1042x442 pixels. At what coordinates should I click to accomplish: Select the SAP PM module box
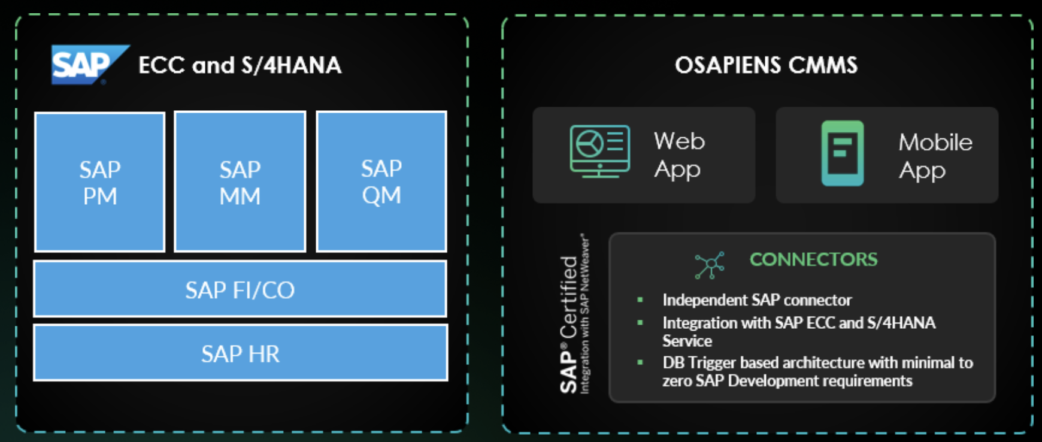[100, 182]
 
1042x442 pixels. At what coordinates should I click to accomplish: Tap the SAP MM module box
[240, 182]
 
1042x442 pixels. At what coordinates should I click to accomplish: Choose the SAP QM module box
[381, 181]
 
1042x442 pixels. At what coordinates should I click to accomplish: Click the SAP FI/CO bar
[240, 290]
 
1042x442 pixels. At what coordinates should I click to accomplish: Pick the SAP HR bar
[240, 353]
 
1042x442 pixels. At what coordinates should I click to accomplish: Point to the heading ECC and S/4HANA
[240, 65]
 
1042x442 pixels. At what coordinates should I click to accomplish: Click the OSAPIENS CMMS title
[766, 65]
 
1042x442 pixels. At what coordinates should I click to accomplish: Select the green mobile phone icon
[843, 153]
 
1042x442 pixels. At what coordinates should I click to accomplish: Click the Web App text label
[679, 155]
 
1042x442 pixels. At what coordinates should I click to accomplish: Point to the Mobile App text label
[935, 156]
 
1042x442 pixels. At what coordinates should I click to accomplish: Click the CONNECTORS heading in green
[813, 259]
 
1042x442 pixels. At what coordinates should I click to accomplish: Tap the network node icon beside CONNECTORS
[710, 265]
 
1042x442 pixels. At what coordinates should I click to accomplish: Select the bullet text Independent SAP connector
[756, 300]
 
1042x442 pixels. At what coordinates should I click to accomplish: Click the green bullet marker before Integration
[640, 323]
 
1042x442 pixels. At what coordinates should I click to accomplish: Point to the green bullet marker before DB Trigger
[640, 362]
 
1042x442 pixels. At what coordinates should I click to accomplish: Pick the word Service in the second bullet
[687, 341]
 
